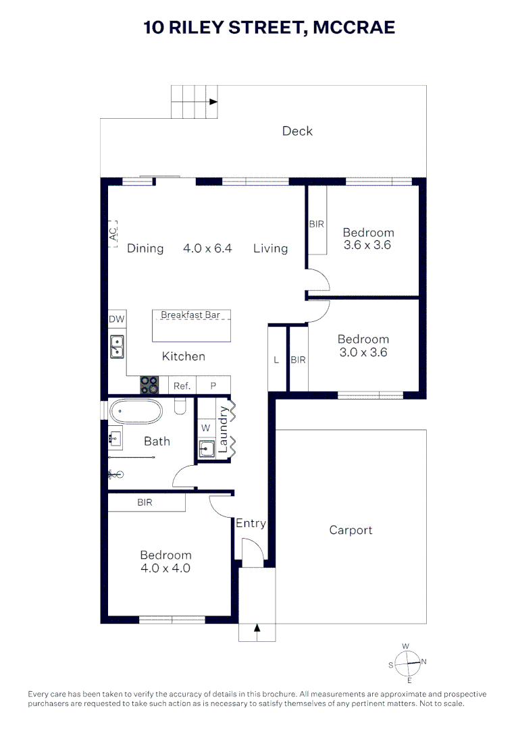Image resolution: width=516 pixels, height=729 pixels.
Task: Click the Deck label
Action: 297,131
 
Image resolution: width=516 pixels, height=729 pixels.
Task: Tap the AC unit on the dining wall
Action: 113,234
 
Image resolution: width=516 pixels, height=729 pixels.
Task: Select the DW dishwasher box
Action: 116,319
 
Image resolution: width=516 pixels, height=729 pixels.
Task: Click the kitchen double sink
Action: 116,347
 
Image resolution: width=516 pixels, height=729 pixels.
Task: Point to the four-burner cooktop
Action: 150,385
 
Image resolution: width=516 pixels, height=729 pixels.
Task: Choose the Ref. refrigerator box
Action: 182,386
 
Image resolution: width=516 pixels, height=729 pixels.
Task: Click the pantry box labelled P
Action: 213,386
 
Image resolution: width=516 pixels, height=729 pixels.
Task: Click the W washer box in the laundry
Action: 205,428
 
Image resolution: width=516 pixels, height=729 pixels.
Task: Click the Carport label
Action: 351,531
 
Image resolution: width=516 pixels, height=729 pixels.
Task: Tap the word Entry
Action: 251,523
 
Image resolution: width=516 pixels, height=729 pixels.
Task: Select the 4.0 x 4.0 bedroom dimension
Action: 165,568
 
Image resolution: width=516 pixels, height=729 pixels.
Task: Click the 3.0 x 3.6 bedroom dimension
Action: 363,352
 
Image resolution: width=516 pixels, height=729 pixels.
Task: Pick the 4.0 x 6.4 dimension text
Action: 207,248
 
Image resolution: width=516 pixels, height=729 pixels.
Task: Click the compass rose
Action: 407,663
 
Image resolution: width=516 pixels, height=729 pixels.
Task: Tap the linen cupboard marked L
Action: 276,360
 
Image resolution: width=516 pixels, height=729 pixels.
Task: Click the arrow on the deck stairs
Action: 213,103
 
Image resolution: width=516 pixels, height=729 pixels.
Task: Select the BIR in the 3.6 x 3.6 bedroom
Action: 317,224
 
